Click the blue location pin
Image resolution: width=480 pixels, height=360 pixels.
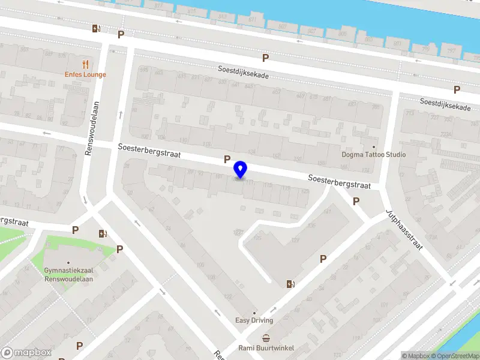(241, 170)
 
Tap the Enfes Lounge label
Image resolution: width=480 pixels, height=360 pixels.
(86, 74)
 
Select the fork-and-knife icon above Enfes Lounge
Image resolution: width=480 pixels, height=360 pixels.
(86, 64)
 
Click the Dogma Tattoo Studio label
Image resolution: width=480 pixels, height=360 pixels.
(374, 155)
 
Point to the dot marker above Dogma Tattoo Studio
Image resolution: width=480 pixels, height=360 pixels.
(374, 146)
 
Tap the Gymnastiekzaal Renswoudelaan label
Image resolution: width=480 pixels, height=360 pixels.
(68, 274)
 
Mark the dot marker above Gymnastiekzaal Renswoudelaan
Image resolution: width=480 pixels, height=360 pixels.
(68, 262)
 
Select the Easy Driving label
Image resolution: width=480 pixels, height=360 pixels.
(254, 320)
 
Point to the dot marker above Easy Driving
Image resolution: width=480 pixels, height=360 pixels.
(254, 313)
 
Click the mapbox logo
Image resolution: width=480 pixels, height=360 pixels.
(26, 353)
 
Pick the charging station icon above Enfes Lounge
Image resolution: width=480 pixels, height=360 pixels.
(96, 28)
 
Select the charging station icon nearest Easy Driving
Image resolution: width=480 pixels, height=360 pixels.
(292, 284)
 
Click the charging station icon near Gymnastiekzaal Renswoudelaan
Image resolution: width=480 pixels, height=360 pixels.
(103, 233)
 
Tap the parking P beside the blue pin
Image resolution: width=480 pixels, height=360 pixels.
(227, 159)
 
